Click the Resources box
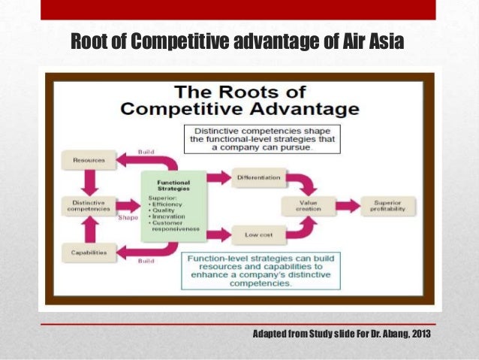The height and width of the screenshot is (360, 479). tap(88, 160)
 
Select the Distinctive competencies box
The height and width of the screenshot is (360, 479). tap(88, 205)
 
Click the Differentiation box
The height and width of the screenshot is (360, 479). tap(258, 177)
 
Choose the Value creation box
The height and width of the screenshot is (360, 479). tap(307, 206)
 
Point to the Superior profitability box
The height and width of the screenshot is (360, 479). tap(387, 206)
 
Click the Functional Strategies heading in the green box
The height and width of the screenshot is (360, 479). tap(173, 185)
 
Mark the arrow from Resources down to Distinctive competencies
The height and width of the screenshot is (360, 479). tap(88, 181)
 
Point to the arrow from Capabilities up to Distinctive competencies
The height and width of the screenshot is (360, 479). tap(88, 229)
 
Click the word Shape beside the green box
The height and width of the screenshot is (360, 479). tap(128, 218)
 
